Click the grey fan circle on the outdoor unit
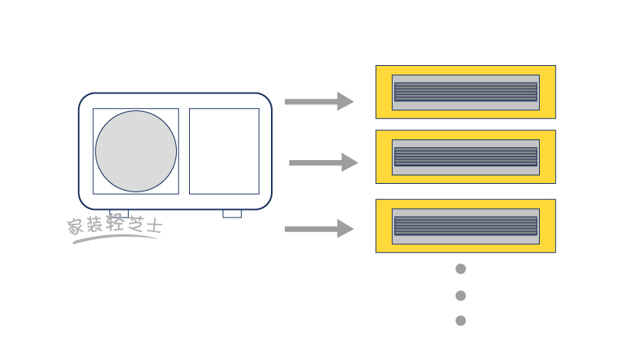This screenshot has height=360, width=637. [136, 151]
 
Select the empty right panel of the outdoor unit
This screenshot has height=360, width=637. [224, 151]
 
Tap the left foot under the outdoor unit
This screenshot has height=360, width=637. [119, 213]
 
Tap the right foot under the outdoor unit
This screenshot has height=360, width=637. [232, 214]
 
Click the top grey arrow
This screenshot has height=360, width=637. [318, 101]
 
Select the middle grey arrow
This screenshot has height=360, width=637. [322, 162]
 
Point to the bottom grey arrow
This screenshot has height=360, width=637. [318, 228]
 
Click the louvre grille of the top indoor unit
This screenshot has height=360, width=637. [465, 92]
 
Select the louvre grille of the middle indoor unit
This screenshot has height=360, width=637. [465, 157]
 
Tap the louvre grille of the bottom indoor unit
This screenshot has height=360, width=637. [465, 226]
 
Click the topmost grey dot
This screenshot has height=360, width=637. [460, 269]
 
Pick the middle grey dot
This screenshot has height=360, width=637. [460, 296]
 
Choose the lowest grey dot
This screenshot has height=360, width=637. [460, 321]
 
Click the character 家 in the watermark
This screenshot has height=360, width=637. [75, 227]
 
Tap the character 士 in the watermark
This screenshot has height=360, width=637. [154, 226]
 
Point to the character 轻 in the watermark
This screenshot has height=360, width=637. [114, 226]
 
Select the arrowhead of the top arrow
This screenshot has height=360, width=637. [345, 101]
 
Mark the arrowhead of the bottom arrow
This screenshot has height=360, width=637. [345, 228]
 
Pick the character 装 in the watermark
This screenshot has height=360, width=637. [94, 226]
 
